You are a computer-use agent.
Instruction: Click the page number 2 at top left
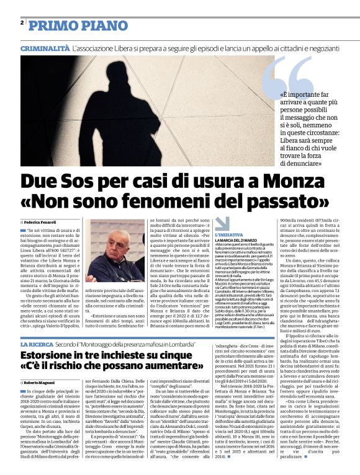[22, 22]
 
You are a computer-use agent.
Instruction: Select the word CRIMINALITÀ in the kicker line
[45, 48]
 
